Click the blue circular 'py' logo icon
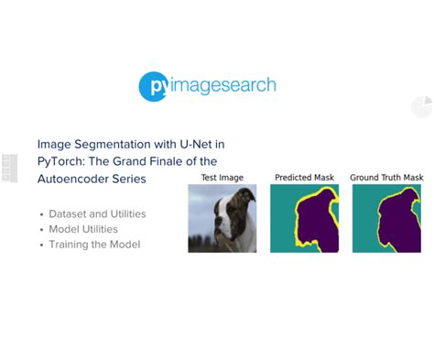pyautogui.click(x=153, y=86)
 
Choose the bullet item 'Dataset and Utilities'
pyautogui.click(x=97, y=213)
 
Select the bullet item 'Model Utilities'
pyautogui.click(x=83, y=229)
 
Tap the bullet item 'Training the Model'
pyautogui.click(x=94, y=245)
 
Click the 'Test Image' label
pyautogui.click(x=222, y=177)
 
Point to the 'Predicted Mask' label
pyautogui.click(x=304, y=177)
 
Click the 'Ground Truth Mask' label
pyautogui.click(x=386, y=177)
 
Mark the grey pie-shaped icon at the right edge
pyautogui.click(x=421, y=107)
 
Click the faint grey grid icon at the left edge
pyautogui.click(x=10, y=168)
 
